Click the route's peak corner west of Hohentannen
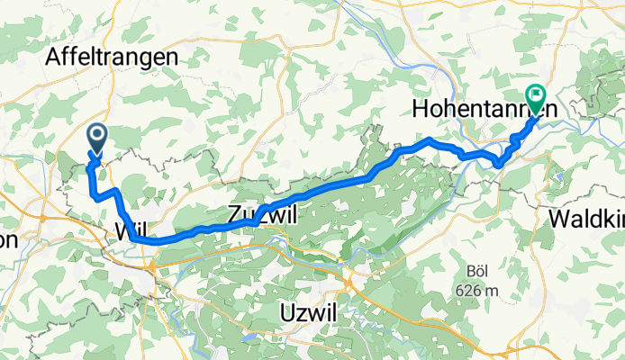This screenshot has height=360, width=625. coord(430,139)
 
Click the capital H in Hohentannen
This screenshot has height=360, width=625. coord(420,109)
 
